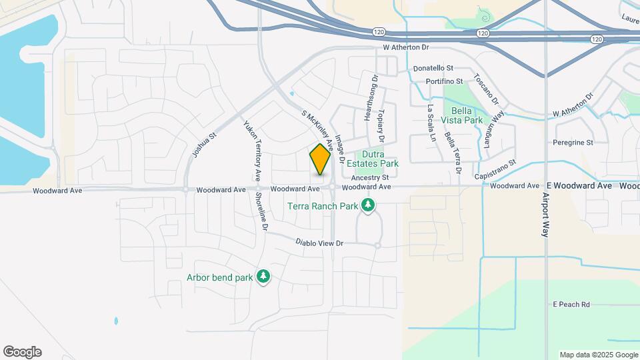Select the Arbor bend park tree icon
(263, 277)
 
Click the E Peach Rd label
(571, 305)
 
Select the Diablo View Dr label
(319, 243)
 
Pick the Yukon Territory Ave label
(252, 151)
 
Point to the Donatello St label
(433, 68)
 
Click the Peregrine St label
(573, 143)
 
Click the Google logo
(22, 352)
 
